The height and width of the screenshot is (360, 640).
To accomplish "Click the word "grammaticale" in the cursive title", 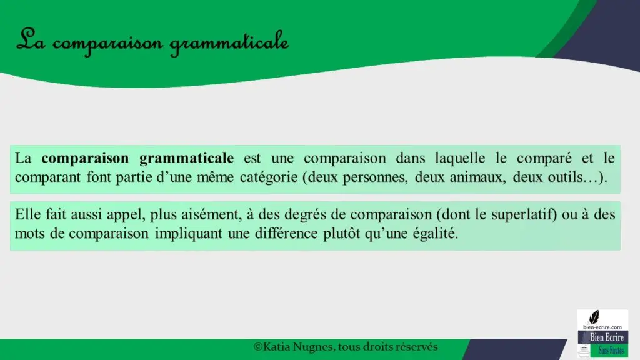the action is (x=229, y=43).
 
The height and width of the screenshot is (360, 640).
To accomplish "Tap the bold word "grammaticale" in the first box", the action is (x=186, y=158).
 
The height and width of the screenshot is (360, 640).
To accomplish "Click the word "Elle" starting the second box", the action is (x=27, y=214).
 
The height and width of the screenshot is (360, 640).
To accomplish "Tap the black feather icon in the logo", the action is (x=594, y=317).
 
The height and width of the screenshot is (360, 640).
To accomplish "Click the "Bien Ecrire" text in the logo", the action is (x=606, y=337).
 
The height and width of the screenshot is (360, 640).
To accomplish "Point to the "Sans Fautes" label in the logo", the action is (x=611, y=351).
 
